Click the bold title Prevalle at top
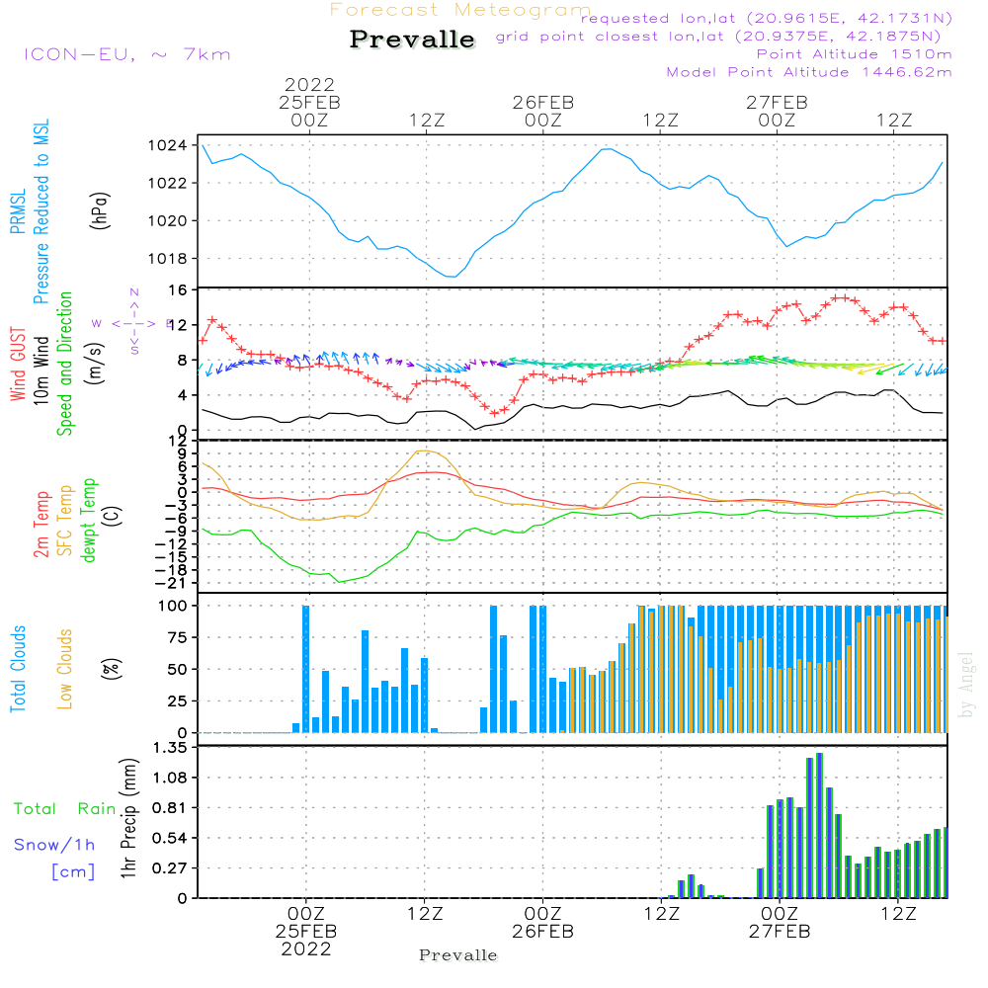(x=412, y=41)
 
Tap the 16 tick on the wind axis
(x=179, y=290)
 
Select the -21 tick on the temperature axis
(x=174, y=583)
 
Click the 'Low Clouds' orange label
(x=66, y=668)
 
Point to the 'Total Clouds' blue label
(x=19, y=668)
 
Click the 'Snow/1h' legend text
(x=54, y=845)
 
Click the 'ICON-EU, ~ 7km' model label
(x=126, y=54)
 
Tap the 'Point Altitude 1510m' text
(x=854, y=54)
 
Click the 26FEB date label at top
(x=542, y=102)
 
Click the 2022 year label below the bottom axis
(x=307, y=949)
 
